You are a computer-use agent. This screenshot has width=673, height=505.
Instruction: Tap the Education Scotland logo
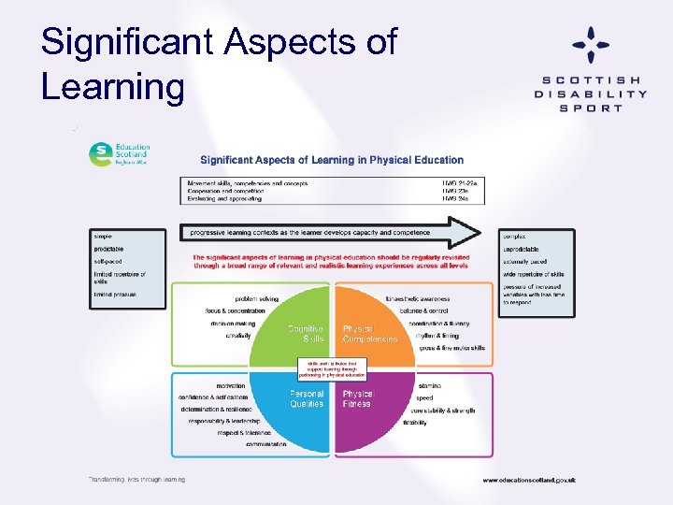(119, 153)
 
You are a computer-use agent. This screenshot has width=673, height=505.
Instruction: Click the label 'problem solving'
(256, 299)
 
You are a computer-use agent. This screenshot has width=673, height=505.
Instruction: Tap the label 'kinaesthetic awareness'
(417, 299)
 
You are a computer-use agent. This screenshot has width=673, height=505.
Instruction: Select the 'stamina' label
(428, 385)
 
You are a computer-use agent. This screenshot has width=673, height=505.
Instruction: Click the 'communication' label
(266, 444)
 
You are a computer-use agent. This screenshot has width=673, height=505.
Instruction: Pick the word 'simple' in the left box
(102, 237)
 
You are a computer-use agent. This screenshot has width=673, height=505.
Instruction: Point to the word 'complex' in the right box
(514, 237)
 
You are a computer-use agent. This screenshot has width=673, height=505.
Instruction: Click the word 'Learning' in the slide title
(113, 86)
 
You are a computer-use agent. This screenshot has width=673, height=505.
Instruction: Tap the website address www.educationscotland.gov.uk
(528, 480)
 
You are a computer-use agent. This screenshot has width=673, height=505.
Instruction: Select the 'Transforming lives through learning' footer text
(136, 479)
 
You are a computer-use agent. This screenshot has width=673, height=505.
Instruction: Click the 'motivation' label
(231, 385)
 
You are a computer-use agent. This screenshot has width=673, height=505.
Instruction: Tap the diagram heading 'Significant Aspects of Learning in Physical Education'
(332, 160)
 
